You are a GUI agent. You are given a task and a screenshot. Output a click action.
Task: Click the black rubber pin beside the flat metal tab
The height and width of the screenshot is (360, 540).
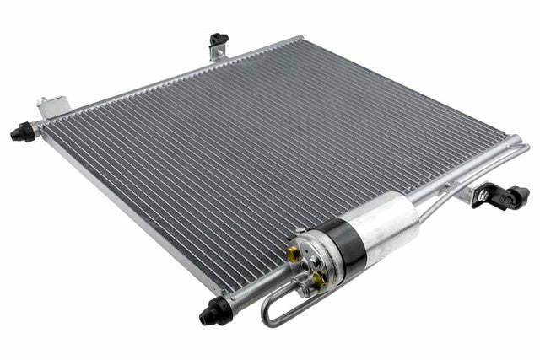tap(23, 132)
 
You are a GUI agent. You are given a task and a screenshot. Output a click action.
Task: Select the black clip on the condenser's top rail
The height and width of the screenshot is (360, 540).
tap(219, 40)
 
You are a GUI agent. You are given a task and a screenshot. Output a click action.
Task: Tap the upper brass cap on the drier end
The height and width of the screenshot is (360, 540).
tap(294, 252)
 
